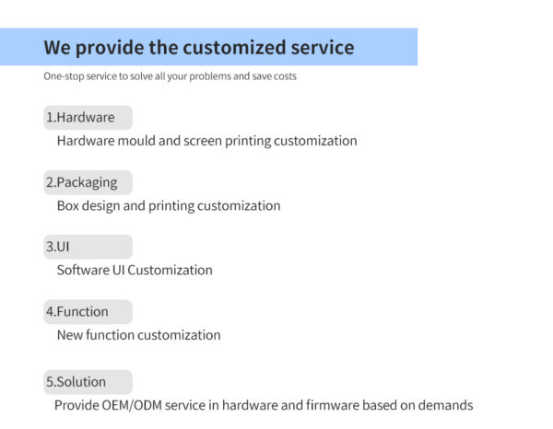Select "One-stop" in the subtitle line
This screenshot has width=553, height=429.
[x=64, y=76]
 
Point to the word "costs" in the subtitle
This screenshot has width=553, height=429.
[x=284, y=76]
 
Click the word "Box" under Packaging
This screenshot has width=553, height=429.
[x=68, y=206]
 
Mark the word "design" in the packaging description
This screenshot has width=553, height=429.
[x=100, y=206]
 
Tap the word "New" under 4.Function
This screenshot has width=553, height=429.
[x=69, y=335]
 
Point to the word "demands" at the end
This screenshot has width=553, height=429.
[x=446, y=405]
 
